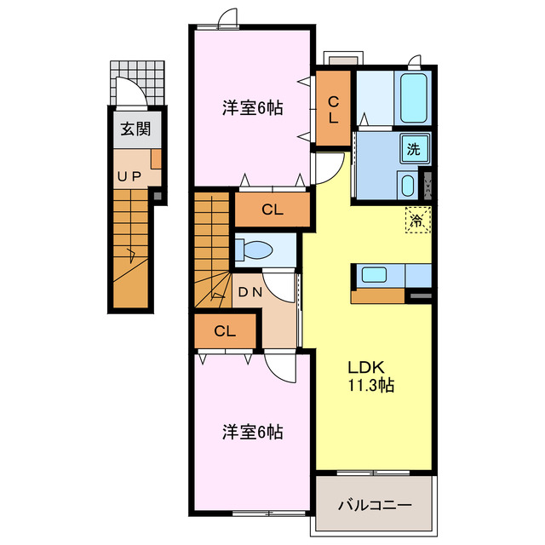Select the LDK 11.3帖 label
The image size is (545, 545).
(x=369, y=376)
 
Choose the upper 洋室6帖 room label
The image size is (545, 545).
(x=253, y=108)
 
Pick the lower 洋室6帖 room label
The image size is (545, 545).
(x=253, y=433)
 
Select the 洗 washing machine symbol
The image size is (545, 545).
(x=414, y=150)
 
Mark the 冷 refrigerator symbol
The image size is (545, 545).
(x=417, y=221)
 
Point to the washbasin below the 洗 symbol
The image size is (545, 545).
(x=407, y=185)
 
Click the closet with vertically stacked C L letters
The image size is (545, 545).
(x=333, y=109)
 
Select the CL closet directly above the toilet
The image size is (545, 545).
(x=272, y=209)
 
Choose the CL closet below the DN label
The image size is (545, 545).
(x=225, y=331)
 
